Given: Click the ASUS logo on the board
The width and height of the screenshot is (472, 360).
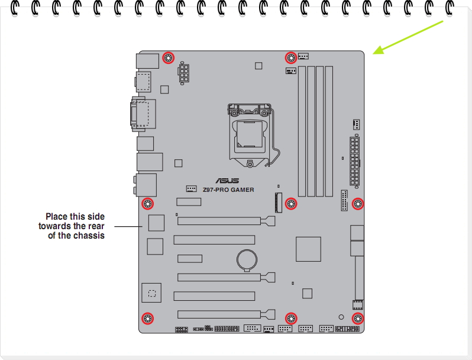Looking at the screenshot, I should [x=227, y=182].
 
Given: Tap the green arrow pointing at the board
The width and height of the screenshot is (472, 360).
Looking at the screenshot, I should [x=408, y=37].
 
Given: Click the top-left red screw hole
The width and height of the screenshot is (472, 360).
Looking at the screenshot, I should [x=168, y=58].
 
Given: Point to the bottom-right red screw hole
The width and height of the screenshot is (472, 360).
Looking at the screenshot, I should [x=357, y=319].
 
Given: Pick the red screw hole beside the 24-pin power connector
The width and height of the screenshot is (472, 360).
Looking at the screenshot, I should [x=357, y=204].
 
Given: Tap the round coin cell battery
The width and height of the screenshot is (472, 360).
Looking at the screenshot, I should [x=245, y=258].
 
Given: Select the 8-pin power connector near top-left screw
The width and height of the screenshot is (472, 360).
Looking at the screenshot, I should [x=184, y=73].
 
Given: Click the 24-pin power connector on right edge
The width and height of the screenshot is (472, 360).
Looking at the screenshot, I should [x=354, y=160].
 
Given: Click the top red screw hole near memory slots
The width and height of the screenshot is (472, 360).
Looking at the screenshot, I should [x=290, y=57].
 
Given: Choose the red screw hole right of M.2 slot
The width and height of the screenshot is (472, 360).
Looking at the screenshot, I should [x=290, y=204].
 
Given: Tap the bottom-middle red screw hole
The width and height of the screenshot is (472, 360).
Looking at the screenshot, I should [x=290, y=319].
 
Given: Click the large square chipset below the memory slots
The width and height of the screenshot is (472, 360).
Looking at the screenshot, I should [x=308, y=249].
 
